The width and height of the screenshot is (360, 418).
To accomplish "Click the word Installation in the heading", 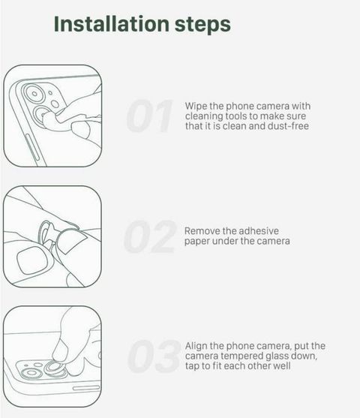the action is [x=112, y=24].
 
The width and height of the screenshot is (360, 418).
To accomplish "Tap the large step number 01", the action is [x=150, y=116].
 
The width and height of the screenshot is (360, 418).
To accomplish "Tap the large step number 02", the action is [x=150, y=236].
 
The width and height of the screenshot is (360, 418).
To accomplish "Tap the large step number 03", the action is [x=154, y=356].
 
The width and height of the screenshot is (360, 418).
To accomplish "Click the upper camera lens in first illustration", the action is [x=34, y=94].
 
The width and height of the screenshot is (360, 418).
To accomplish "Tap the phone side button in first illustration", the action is [x=32, y=148].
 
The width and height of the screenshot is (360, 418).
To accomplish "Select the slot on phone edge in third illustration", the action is [x=86, y=388].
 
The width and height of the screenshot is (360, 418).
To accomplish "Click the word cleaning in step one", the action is [x=204, y=116].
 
